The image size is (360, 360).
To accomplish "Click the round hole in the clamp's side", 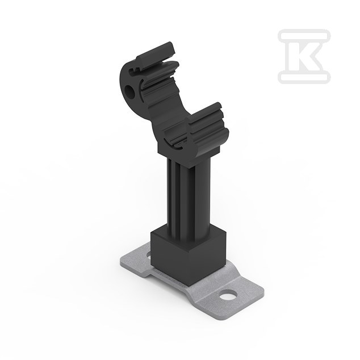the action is click(130, 91).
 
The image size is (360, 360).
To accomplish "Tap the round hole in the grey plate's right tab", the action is click(228, 295).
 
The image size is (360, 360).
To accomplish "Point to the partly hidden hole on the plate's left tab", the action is click(148, 254).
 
